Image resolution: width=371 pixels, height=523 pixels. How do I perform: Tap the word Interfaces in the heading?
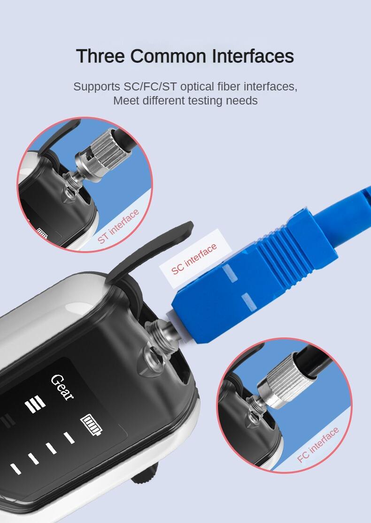(253, 56)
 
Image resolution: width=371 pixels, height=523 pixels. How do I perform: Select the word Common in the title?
(168, 56)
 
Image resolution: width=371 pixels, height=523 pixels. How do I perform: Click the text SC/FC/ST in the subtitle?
(150, 87)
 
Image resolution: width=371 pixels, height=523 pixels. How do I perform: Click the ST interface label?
(118, 226)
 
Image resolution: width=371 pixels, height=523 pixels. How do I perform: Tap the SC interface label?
(194, 259)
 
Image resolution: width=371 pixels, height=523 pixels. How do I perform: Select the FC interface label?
(318, 445)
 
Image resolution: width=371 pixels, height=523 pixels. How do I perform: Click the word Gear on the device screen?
(62, 387)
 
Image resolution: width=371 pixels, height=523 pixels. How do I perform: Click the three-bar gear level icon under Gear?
(35, 404)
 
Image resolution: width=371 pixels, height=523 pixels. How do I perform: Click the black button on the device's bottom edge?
(144, 475)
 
